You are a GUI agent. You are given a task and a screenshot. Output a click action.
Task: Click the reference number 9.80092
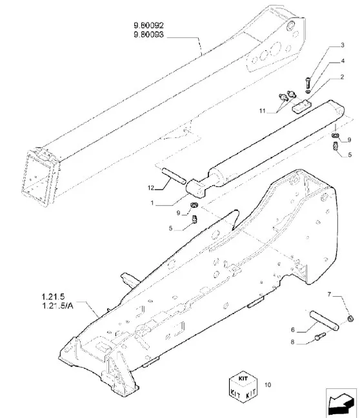coord(148,26)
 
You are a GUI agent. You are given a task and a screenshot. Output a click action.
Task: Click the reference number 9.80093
coord(148,35)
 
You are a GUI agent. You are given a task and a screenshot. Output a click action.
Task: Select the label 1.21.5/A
coord(57,306)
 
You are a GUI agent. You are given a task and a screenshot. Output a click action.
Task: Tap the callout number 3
coord(343,45)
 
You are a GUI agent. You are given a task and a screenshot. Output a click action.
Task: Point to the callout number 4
coord(343,61)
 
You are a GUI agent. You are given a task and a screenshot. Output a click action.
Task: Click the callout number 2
coord(342,77)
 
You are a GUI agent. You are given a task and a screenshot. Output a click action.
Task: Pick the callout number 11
coord(263,111)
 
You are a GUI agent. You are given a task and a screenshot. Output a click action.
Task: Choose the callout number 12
coord(151,188)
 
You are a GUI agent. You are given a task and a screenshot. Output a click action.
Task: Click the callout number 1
coord(152,203)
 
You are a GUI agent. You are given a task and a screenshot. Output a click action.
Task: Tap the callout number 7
coord(329,294)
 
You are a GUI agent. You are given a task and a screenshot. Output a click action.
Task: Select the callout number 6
coord(293,330)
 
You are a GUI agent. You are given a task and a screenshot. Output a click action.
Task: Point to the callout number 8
coord(292,342)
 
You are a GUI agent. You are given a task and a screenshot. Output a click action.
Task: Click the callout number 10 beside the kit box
coord(268,384)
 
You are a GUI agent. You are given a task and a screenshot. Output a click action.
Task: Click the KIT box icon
coord(243,386)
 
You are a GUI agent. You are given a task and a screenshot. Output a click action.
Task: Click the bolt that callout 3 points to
coord(308,83)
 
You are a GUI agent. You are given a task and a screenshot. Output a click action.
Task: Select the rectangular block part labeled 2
coord(301,106)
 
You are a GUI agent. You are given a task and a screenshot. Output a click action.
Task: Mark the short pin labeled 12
coord(174,175)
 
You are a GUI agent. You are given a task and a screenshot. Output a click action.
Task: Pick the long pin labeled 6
coord(324,319)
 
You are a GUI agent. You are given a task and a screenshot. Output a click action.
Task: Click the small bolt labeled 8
coord(320,336)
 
